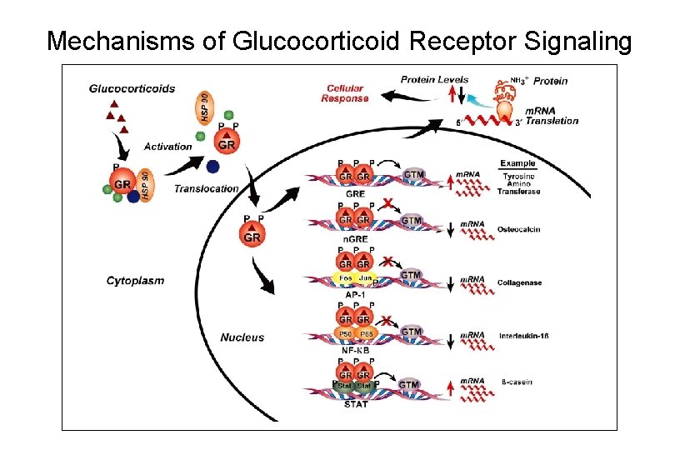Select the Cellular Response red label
point(344,92)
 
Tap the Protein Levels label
point(434,80)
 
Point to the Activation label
point(167,147)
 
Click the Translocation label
point(206,189)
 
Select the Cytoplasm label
point(135,281)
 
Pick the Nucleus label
point(242,337)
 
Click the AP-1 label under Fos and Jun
point(355,295)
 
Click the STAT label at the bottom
point(355,405)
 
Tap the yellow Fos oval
point(343,277)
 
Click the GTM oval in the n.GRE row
point(412,221)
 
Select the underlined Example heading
point(517,163)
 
